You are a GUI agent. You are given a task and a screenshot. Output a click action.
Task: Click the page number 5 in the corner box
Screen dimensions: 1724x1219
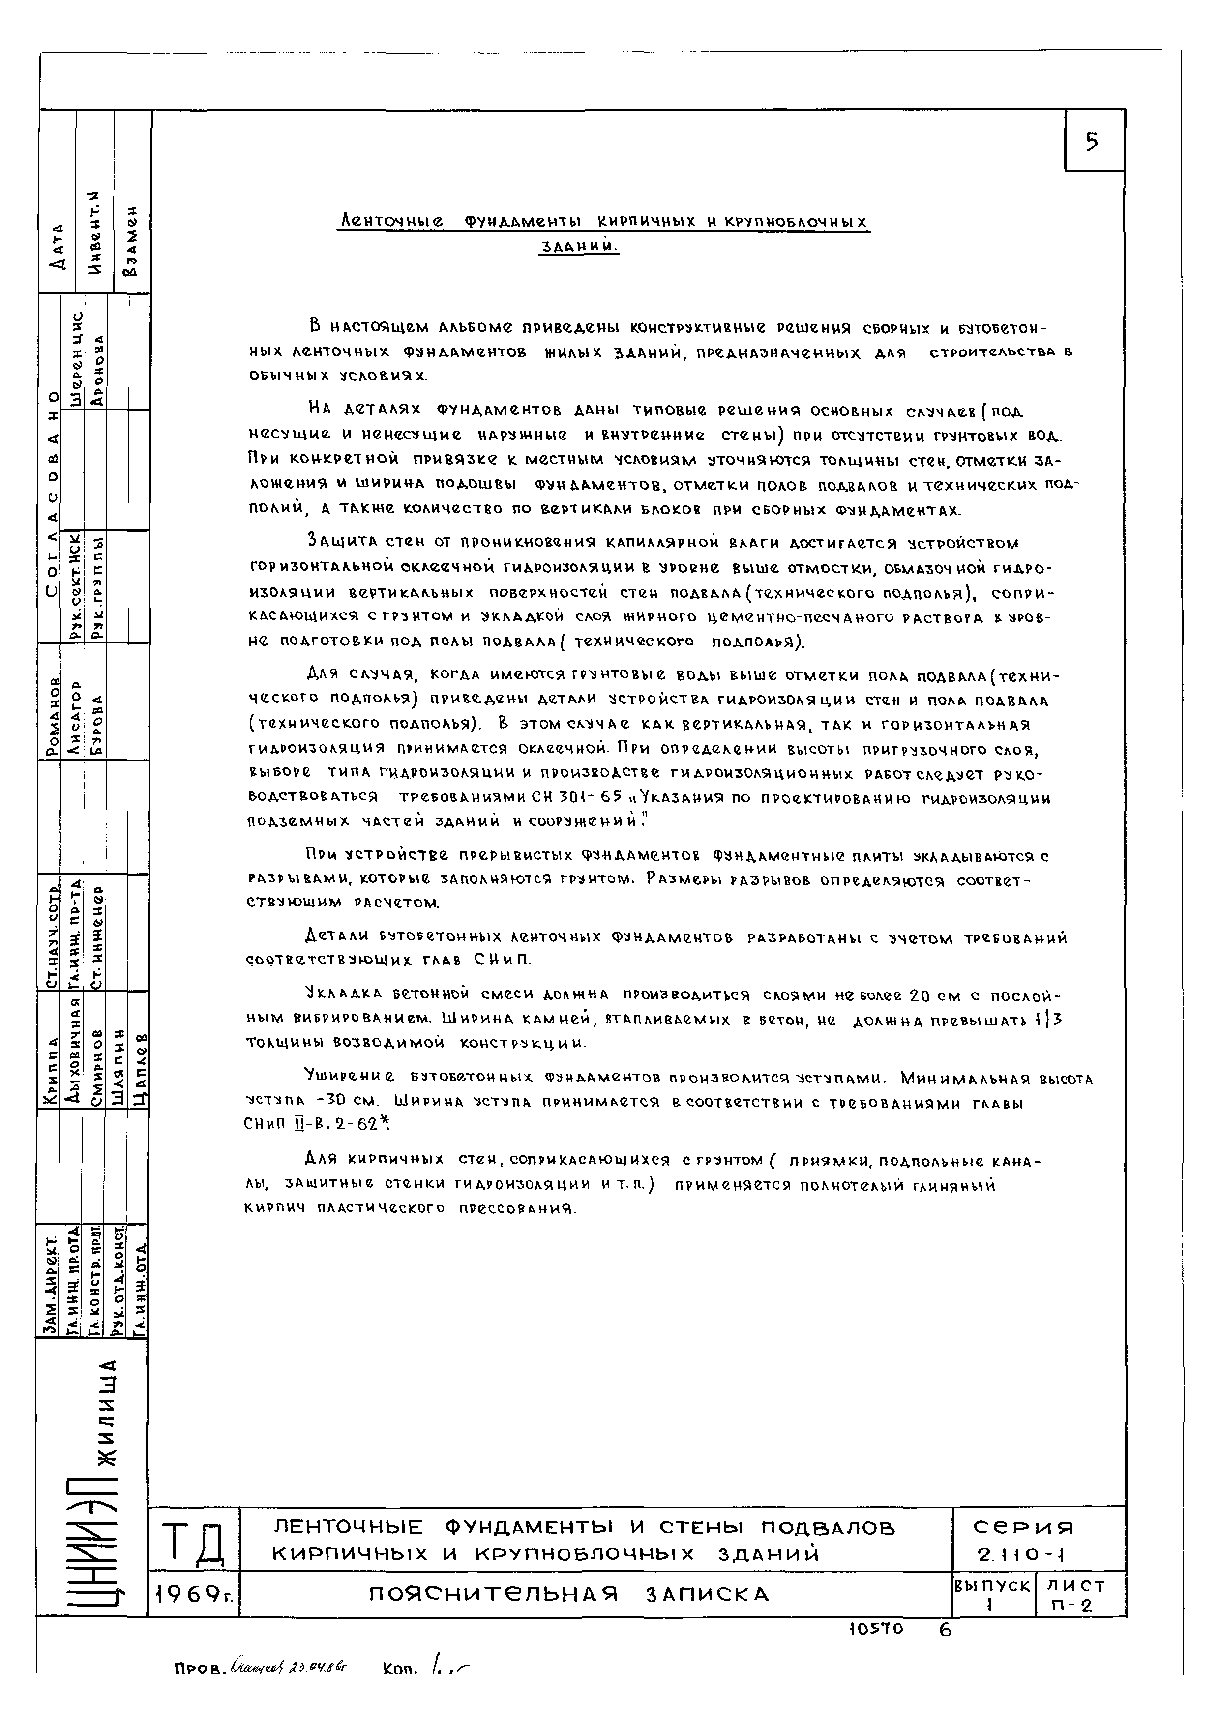point(1092,141)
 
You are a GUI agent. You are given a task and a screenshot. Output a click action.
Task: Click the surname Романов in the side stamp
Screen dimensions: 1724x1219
point(52,717)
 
